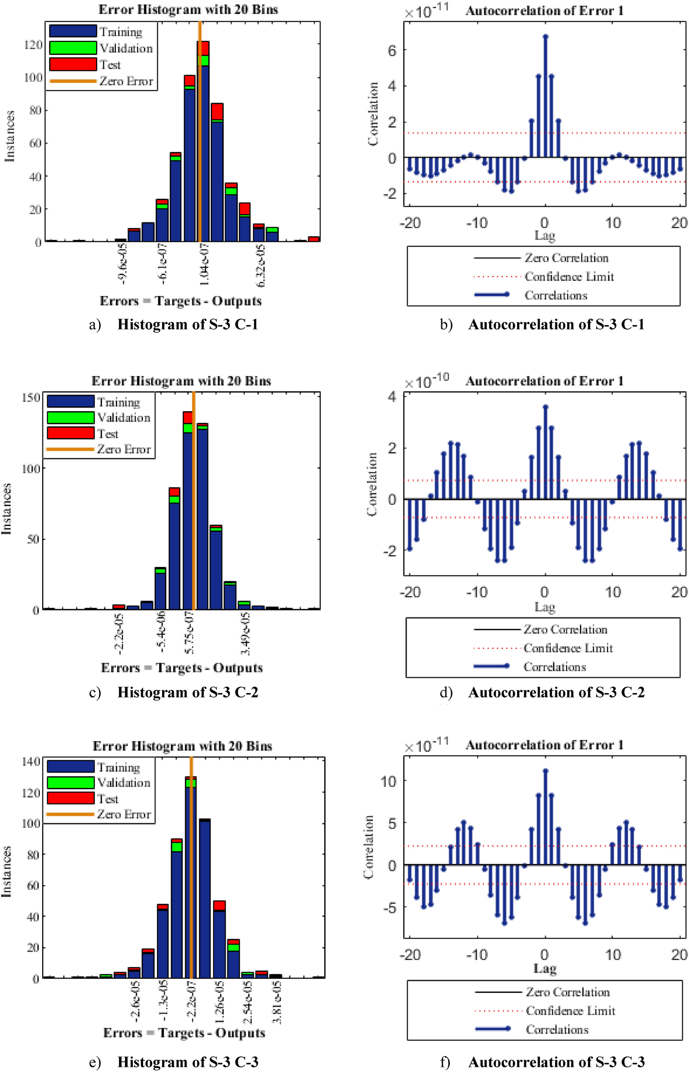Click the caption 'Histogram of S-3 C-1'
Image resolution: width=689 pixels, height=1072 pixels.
pyautogui.click(x=187, y=324)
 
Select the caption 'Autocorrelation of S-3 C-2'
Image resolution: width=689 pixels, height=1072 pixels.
pyautogui.click(x=556, y=692)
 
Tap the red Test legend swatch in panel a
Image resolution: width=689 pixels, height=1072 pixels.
pyautogui.click(x=73, y=64)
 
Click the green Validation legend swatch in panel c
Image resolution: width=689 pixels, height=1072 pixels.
pyautogui.click(x=70, y=418)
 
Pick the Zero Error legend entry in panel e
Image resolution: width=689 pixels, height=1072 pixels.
pyautogui.click(x=123, y=814)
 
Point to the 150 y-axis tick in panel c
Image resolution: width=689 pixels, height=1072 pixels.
pyautogui.click(x=31, y=398)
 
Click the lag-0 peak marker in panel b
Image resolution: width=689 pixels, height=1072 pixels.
pyautogui.click(x=545, y=36)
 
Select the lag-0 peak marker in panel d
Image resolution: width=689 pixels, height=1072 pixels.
pyautogui.click(x=545, y=407)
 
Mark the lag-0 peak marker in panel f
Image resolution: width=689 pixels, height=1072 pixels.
pyautogui.click(x=545, y=770)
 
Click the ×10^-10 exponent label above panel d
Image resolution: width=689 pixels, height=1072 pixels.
pyautogui.click(x=426, y=381)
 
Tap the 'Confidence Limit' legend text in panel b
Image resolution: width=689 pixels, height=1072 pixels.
pyautogui.click(x=569, y=276)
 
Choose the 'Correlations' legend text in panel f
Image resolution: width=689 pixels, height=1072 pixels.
pyautogui.click(x=557, y=1029)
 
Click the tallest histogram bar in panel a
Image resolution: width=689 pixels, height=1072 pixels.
pyautogui.click(x=203, y=145)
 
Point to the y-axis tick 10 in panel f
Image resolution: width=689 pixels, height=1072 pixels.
pyautogui.click(x=389, y=781)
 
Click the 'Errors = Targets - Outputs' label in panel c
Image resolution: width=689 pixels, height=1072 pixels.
pyautogui.click(x=182, y=668)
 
